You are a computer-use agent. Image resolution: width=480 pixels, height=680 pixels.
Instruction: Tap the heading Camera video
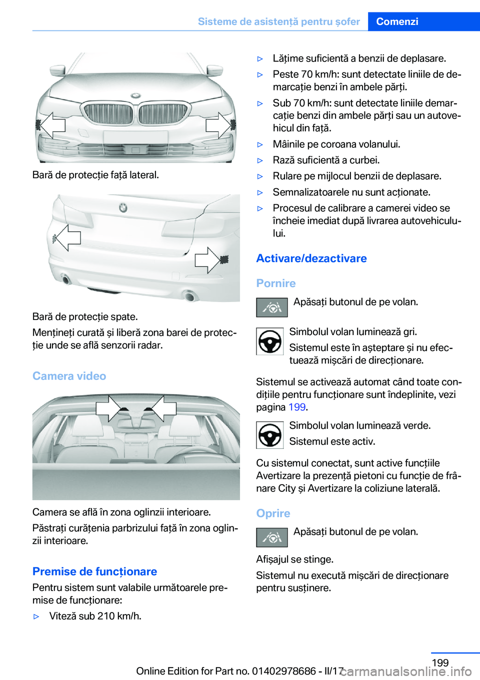(x=69, y=376)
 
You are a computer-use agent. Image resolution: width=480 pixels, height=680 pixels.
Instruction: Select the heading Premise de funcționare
(x=95, y=571)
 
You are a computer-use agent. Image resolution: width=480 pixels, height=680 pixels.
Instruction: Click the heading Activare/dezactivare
(x=311, y=258)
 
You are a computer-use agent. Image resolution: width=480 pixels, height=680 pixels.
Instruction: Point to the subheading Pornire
(x=276, y=283)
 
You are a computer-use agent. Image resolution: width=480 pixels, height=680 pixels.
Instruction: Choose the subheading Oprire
(x=273, y=513)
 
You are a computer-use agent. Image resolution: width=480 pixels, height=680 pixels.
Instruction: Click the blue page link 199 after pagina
(x=297, y=407)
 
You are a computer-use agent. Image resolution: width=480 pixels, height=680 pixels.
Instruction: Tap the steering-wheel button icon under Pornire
(x=272, y=308)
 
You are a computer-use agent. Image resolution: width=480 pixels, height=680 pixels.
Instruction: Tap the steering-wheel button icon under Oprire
(x=272, y=537)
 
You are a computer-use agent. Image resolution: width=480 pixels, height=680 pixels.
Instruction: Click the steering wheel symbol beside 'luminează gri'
(x=269, y=341)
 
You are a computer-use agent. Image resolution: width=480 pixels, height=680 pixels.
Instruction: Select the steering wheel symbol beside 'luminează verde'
(x=269, y=435)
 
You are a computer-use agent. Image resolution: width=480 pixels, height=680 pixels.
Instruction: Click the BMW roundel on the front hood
(x=135, y=96)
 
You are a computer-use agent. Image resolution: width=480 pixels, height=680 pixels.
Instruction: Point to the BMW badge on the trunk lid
(x=123, y=208)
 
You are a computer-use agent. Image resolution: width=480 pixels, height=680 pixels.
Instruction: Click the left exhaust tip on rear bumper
(x=65, y=279)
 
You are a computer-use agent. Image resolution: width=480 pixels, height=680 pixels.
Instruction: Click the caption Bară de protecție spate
(x=85, y=317)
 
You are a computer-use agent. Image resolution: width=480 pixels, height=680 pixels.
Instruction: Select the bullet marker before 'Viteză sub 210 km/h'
(x=36, y=617)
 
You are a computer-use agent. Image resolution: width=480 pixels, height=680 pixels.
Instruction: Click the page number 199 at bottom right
(x=440, y=663)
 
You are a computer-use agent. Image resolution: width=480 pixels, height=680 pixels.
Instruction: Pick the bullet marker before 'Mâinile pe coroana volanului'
(x=260, y=144)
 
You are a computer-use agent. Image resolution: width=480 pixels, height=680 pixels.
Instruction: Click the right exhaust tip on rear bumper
(x=189, y=296)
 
